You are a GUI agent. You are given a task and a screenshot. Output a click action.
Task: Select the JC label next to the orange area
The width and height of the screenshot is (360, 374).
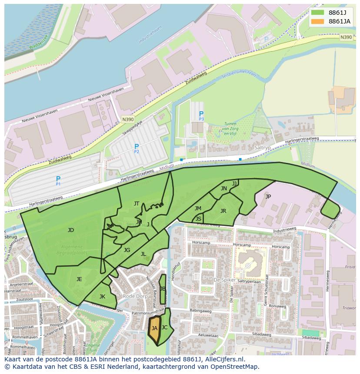click(x=164, y=327)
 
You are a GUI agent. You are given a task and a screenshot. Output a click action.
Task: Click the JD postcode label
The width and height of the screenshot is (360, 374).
click(x=71, y=230)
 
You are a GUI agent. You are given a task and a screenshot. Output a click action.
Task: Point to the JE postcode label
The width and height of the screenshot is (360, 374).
click(x=79, y=279)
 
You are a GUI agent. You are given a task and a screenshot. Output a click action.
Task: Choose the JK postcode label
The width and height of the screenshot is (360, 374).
click(x=102, y=297)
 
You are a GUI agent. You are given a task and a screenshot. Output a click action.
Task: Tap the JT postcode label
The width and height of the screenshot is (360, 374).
click(x=137, y=204)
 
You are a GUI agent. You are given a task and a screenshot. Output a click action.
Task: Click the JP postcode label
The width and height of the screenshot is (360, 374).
click(x=268, y=196)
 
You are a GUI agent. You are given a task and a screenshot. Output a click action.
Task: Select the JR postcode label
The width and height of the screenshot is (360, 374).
click(x=223, y=211)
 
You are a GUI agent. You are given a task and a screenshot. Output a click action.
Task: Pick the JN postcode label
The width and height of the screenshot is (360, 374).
click(x=223, y=189)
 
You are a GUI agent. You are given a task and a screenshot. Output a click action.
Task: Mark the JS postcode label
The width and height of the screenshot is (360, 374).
click(x=198, y=218)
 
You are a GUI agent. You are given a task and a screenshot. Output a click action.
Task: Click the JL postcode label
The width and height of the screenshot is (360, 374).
click(x=143, y=254)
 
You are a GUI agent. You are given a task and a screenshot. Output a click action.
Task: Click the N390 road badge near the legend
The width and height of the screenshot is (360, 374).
click(x=346, y=37)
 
